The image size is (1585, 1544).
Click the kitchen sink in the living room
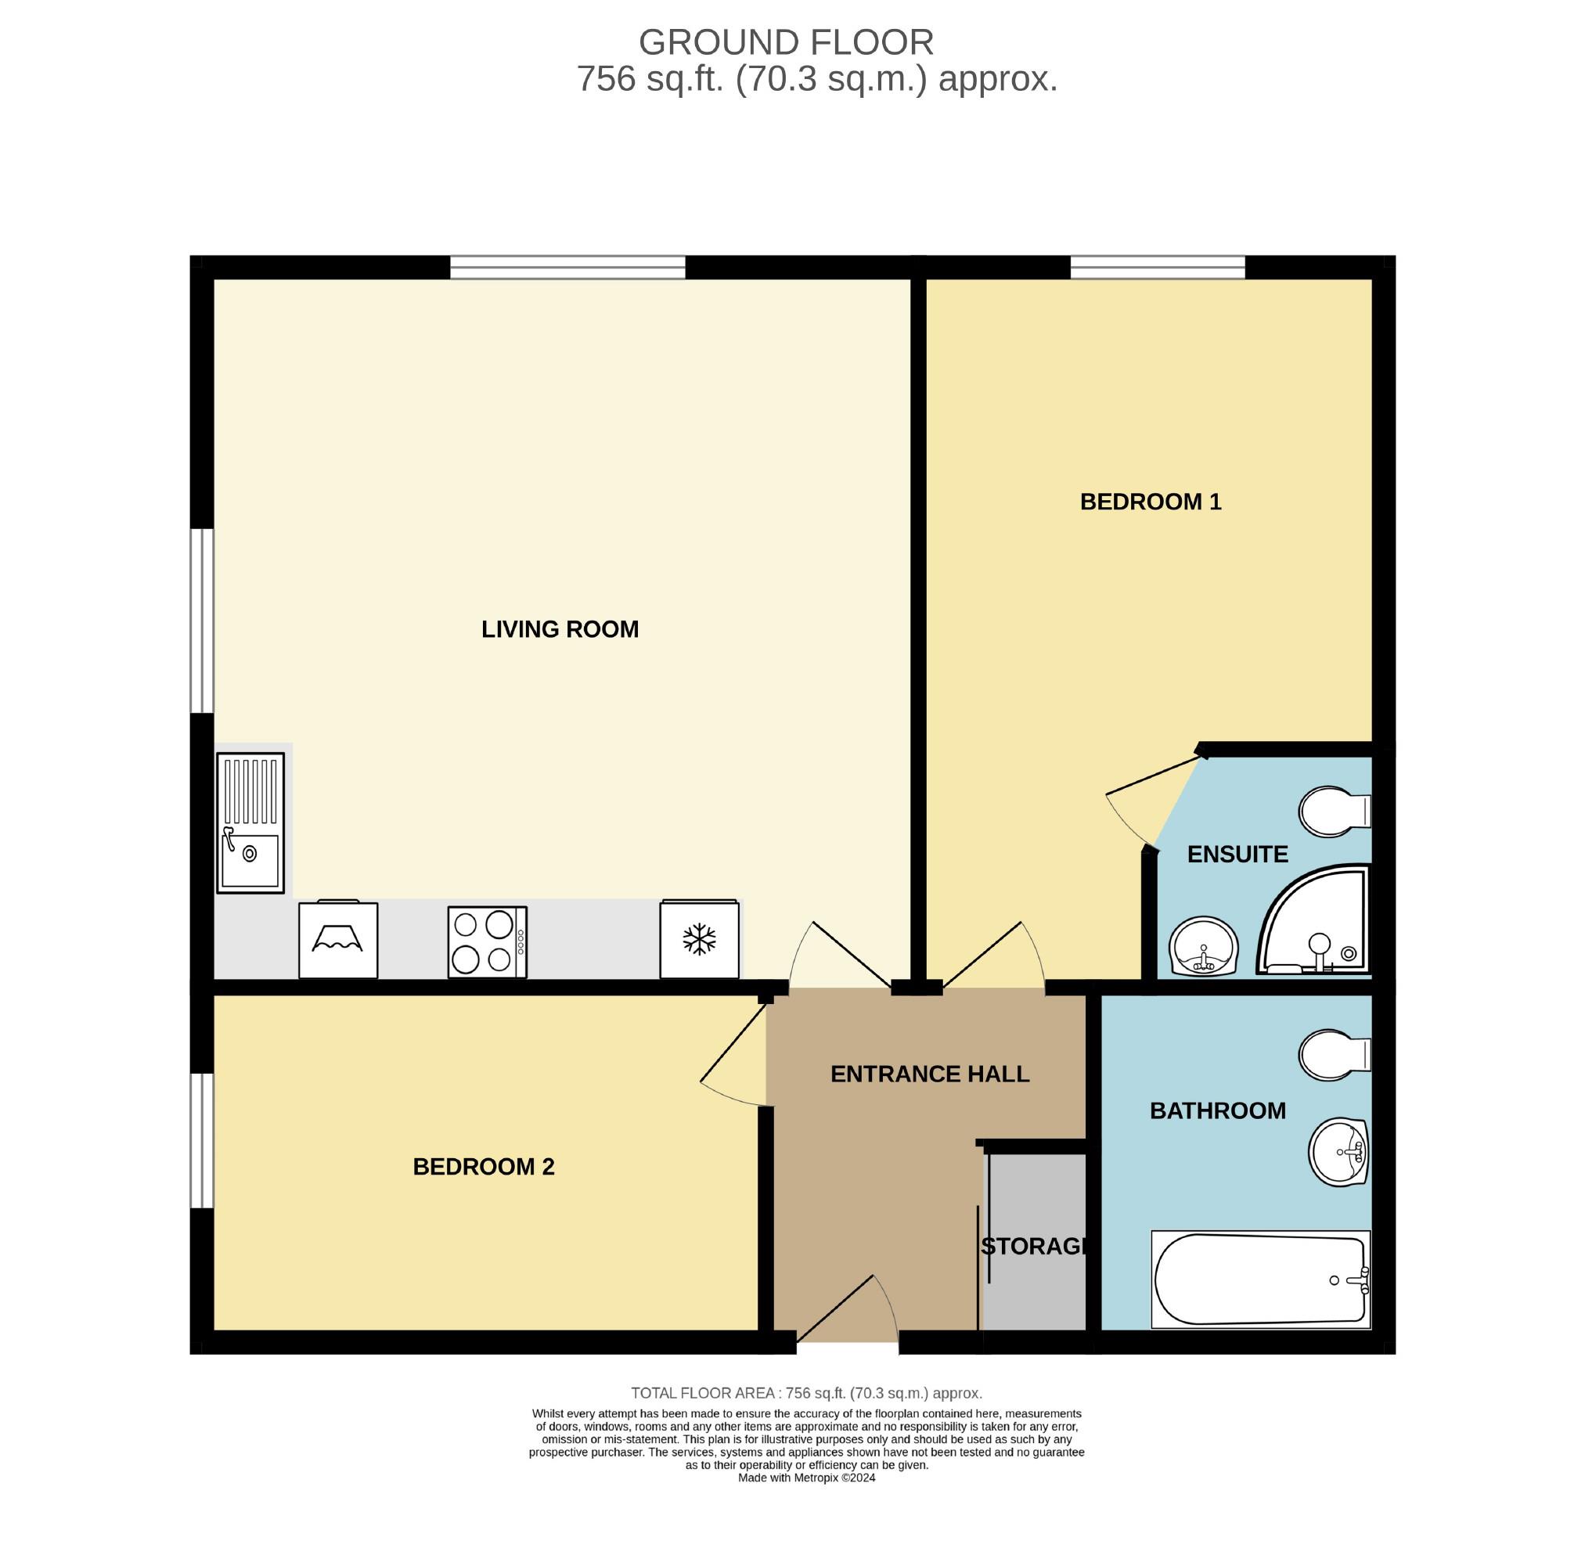[250, 822]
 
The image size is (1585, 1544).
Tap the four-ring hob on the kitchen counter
[488, 941]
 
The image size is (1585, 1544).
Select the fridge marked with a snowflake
[699, 939]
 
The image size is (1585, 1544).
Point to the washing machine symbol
[338, 939]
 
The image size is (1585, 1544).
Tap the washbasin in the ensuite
[1204, 946]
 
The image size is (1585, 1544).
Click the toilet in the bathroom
[1335, 1055]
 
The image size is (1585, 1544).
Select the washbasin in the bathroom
[1339, 1151]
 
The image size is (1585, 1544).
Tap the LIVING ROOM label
[560, 629]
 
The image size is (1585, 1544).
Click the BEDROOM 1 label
[1151, 502]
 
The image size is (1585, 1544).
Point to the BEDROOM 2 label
[484, 1167]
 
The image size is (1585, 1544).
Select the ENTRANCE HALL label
[930, 1074]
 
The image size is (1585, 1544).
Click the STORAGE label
[1032, 1247]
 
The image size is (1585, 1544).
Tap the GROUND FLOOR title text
[786, 42]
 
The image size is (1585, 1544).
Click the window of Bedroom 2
[202, 1141]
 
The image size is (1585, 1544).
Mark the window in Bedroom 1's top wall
[1158, 268]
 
